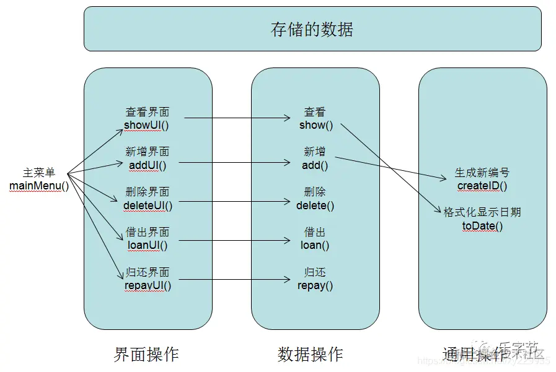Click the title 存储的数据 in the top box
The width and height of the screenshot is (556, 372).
312,30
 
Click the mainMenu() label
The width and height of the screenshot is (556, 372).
39,186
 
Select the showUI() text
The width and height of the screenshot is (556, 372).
147,125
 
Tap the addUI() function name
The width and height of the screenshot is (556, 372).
148,165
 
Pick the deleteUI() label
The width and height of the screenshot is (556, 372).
148,205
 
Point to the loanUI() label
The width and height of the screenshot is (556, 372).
147,244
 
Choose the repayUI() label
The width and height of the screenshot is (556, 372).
148,285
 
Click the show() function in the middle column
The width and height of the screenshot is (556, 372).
316,125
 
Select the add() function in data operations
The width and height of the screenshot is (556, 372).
315,165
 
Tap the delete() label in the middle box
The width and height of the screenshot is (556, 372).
315,205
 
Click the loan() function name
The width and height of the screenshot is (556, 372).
315,244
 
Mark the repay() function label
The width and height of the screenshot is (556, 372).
315,285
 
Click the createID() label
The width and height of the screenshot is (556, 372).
482,186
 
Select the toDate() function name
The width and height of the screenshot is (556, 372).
482,226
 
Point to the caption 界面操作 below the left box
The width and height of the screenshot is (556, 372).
147,353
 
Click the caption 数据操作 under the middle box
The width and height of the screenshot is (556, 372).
311,353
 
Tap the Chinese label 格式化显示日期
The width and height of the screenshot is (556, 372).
482,212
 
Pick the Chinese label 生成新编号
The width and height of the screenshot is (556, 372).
482,173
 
